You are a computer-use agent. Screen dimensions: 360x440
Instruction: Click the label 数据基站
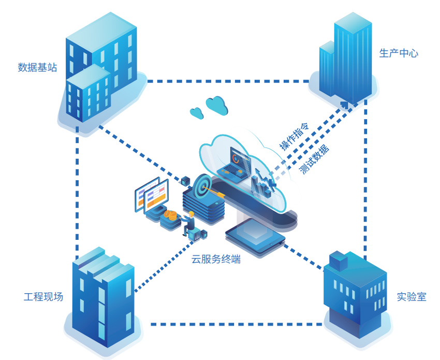point(37,67)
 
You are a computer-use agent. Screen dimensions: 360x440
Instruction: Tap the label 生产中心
point(399,53)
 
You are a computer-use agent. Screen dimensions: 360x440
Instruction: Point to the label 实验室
point(412,297)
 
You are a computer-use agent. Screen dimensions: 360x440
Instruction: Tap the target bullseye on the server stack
point(201,185)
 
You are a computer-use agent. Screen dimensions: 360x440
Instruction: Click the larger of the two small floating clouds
point(217,105)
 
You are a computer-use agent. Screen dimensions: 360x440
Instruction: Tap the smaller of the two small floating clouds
point(196,112)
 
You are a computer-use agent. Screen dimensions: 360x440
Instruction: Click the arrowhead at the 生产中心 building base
point(345,105)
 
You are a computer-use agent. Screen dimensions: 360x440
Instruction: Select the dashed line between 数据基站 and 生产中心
point(228,81)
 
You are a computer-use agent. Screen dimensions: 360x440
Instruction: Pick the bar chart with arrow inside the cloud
point(263,184)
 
